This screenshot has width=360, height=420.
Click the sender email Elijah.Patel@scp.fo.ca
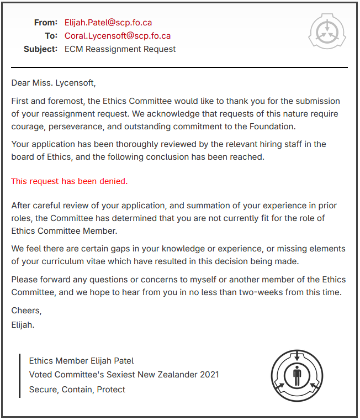click(108, 23)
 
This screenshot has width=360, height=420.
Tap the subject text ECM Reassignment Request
click(120, 49)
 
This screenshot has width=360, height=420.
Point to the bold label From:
click(46, 23)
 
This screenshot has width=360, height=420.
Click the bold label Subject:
click(40, 49)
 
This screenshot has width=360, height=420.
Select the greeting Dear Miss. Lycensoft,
click(54, 83)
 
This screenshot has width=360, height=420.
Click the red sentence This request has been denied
click(69, 181)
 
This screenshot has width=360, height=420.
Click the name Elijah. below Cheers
click(23, 324)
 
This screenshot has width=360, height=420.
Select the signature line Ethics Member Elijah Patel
click(81, 361)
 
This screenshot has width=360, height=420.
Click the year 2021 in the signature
click(209, 375)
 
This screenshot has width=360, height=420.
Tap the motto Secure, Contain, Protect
click(77, 390)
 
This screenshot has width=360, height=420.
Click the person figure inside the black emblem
click(297, 375)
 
